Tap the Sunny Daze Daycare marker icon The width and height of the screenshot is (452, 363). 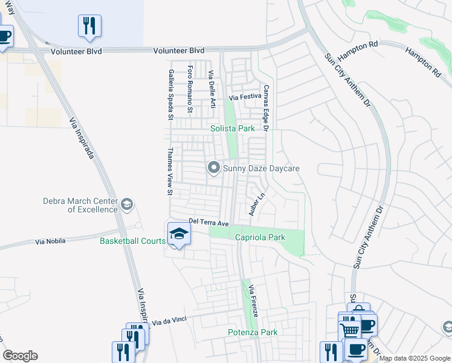(213, 168)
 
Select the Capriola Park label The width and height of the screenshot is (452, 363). (259, 238)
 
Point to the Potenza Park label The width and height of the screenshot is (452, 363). (253, 332)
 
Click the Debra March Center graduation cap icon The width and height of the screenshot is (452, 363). (126, 204)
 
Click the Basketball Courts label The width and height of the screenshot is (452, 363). (132, 241)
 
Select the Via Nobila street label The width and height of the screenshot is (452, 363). (50, 241)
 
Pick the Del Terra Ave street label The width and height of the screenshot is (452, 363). (208, 223)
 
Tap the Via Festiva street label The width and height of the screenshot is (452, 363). (245, 97)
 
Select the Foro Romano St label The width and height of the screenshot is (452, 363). (190, 89)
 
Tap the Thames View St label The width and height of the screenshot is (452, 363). (170, 172)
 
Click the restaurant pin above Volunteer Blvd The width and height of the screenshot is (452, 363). (89, 25)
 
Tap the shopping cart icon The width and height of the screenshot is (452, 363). (349, 330)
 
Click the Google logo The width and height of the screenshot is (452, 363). (20, 356)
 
